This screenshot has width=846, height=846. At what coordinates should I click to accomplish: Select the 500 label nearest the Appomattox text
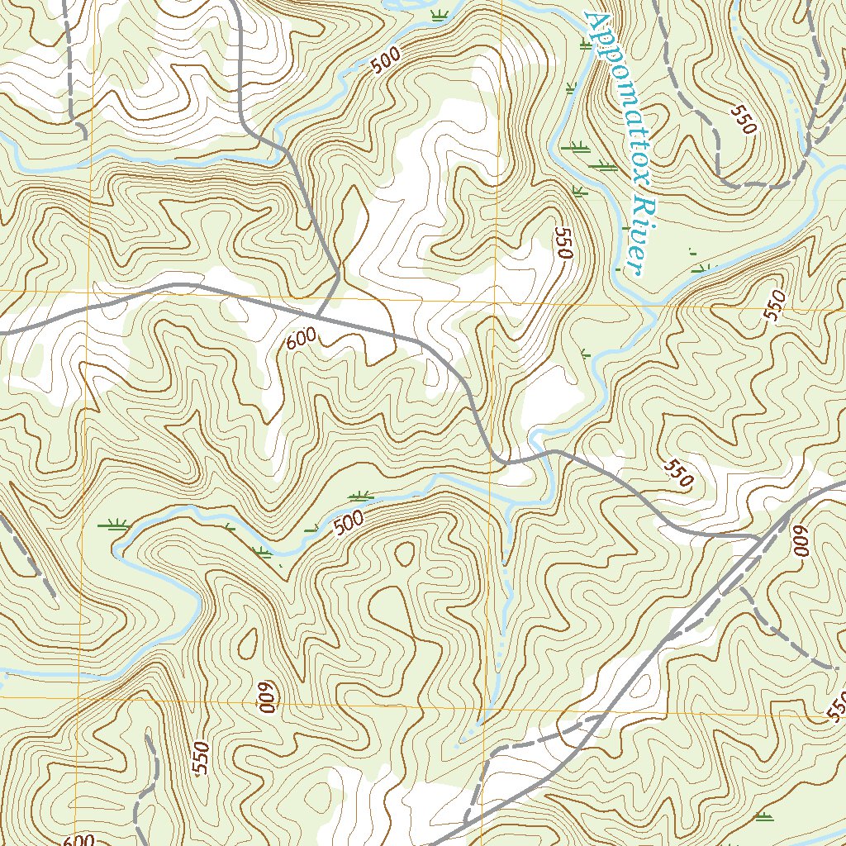385,61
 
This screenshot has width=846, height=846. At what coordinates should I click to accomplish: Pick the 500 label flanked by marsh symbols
349,522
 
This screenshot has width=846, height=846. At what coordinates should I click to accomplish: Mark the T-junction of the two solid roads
319,315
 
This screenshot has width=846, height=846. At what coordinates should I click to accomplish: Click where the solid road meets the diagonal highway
758,538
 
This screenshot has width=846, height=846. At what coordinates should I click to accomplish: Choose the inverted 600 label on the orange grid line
267,699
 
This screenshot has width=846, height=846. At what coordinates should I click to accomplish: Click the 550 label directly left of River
563,244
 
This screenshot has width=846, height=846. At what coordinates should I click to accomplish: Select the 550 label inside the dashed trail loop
743,119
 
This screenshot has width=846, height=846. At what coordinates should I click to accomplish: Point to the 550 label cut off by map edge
836,706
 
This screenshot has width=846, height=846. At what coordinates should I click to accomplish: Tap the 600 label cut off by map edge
78,839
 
